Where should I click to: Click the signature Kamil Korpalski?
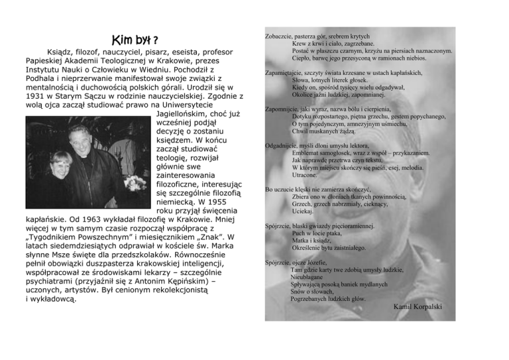point(417,306)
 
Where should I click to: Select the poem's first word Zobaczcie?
point(278,36)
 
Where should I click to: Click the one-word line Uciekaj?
point(303,211)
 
